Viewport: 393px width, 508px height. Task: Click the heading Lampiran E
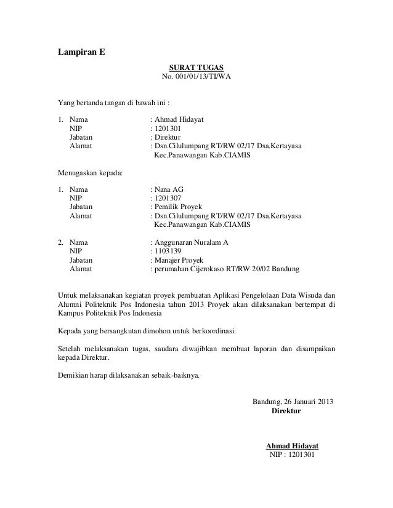click(x=81, y=51)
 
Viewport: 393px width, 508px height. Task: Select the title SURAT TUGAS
click(x=197, y=66)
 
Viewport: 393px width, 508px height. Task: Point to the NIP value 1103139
click(x=167, y=252)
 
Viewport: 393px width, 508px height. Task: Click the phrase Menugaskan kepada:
click(x=90, y=173)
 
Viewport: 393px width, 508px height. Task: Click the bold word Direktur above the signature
click(x=286, y=411)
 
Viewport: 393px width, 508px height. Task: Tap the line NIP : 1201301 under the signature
click(x=288, y=455)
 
